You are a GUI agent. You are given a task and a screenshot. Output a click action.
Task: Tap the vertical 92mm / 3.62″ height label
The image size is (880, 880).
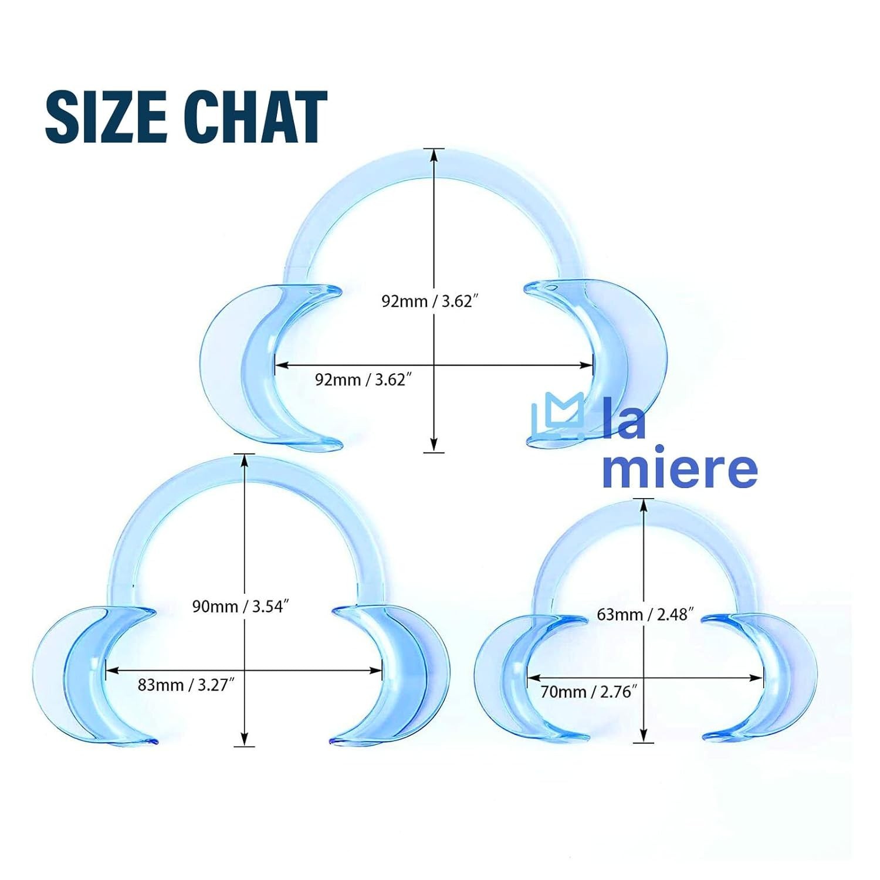427,302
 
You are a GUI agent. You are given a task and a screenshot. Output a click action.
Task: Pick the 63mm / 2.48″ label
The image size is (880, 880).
645,614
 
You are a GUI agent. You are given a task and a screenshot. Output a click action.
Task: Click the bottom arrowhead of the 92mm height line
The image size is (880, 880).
434,445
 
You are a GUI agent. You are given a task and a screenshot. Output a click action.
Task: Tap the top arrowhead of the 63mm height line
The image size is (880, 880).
644,506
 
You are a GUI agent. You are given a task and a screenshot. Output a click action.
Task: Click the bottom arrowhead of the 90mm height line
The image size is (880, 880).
244,739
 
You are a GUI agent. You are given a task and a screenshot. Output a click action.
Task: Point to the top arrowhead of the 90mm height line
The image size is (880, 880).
244,462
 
